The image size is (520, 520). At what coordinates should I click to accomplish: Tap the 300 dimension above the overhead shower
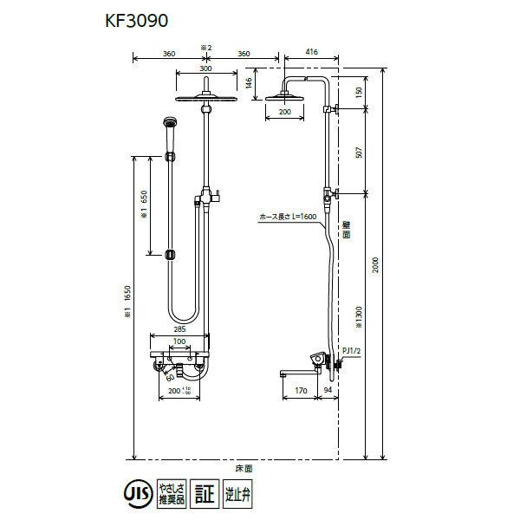point(205,68)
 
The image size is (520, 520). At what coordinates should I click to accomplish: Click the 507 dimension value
point(359,153)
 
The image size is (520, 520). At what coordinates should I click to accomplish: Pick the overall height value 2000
point(376,265)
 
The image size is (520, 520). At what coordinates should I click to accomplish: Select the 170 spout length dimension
point(301,392)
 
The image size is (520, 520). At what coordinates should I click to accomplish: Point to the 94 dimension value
point(328,392)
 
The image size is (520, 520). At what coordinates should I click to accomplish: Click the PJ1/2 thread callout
point(351,349)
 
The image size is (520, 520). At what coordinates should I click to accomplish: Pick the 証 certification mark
point(203,495)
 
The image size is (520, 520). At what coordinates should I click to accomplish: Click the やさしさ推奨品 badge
point(172,495)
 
